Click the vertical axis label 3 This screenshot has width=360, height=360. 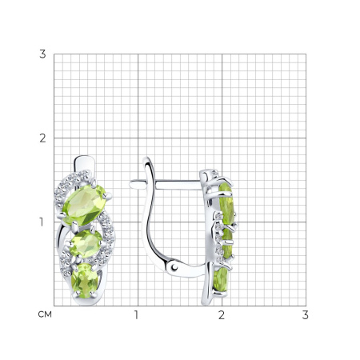[x=42, y=54]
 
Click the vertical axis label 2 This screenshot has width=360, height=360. [x=42, y=138]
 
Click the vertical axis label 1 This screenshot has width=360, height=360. [x=42, y=222]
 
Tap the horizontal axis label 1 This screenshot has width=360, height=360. [x=136, y=315]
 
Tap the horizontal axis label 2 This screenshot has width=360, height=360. [x=222, y=315]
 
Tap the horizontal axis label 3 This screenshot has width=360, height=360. [x=306, y=315]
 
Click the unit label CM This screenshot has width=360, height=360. [x=45, y=314]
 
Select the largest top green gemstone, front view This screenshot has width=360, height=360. [x=85, y=205]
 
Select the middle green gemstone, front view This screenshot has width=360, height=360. [x=86, y=244]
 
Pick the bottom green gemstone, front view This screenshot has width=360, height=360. [x=85, y=281]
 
